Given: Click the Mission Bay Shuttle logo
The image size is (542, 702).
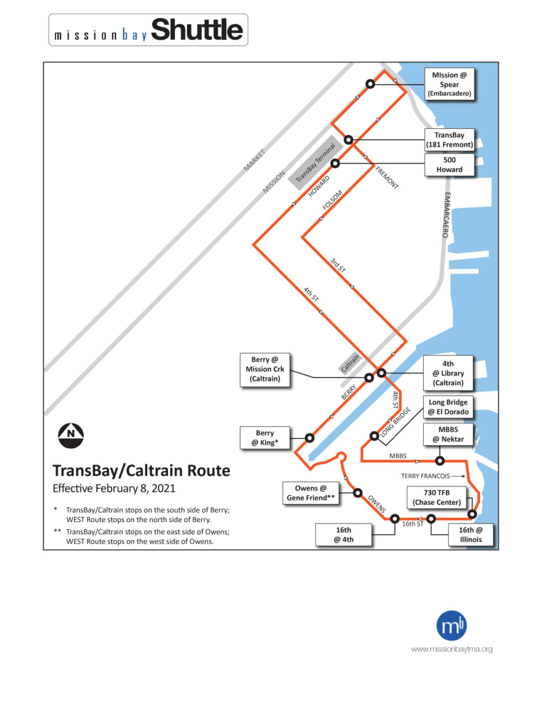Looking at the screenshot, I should click(x=148, y=30).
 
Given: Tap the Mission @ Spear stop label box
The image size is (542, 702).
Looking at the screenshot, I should click(x=449, y=84).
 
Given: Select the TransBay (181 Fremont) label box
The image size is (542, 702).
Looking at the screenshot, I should click(x=449, y=140).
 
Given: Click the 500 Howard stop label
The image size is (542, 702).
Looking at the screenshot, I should click(x=449, y=165).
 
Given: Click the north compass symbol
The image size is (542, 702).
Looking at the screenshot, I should click(x=71, y=436).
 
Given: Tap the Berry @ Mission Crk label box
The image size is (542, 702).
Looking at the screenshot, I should click(x=265, y=369).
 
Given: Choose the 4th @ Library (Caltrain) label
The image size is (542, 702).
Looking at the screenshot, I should click(x=448, y=373).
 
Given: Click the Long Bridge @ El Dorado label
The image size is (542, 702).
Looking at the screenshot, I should click(x=448, y=407).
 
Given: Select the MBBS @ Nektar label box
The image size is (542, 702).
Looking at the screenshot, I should click(x=448, y=434).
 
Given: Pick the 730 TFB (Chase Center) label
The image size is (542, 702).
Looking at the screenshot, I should click(x=436, y=497).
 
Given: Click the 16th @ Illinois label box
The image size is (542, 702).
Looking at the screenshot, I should click(x=470, y=534).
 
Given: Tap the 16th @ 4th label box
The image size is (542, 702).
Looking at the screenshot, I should click(x=343, y=535).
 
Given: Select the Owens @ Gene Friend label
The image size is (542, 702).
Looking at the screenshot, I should click(x=310, y=493).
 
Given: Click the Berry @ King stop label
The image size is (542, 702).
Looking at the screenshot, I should click(x=265, y=437).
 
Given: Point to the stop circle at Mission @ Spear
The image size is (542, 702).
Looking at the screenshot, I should click(x=371, y=84).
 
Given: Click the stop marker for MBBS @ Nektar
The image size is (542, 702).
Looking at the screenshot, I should click(x=440, y=461).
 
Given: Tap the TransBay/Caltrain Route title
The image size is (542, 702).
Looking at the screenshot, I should click(x=141, y=471).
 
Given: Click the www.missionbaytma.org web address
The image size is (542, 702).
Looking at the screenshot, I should click(x=451, y=649).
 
